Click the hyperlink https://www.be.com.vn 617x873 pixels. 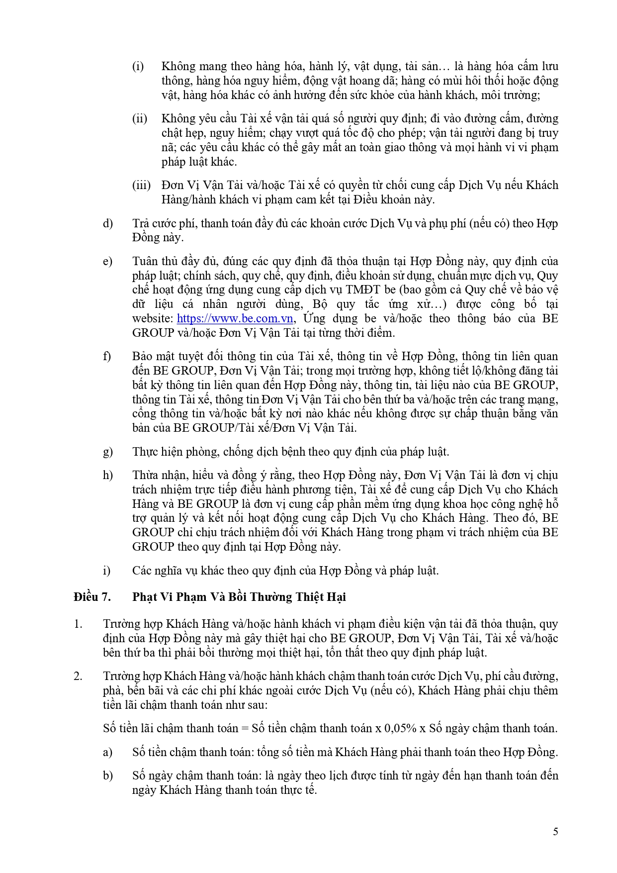pyautogui.click(x=235, y=318)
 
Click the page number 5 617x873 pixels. pyautogui.click(x=555, y=831)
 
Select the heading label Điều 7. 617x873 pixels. pyautogui.click(x=92, y=597)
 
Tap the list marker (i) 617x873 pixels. pyautogui.click(x=138, y=66)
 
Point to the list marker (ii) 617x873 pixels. pyautogui.click(x=139, y=118)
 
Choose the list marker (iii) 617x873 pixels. pyautogui.click(x=141, y=185)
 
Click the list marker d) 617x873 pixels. pyautogui.click(x=108, y=223)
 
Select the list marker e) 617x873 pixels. pyautogui.click(x=107, y=261)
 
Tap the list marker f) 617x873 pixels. pyautogui.click(x=107, y=356)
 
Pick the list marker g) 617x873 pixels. pyautogui.click(x=108, y=452)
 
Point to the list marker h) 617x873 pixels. pyautogui.click(x=108, y=475)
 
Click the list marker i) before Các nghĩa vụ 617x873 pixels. pyautogui.click(x=106, y=571)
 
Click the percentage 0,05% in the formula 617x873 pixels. pyautogui.click(x=400, y=728)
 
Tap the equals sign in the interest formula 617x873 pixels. pyautogui.click(x=244, y=728)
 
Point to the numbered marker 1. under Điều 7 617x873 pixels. pyautogui.click(x=78, y=624)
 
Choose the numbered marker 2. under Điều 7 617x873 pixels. pyautogui.click(x=78, y=676)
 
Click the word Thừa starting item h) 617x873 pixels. pyautogui.click(x=145, y=475)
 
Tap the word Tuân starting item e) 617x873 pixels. pyautogui.click(x=145, y=261)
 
